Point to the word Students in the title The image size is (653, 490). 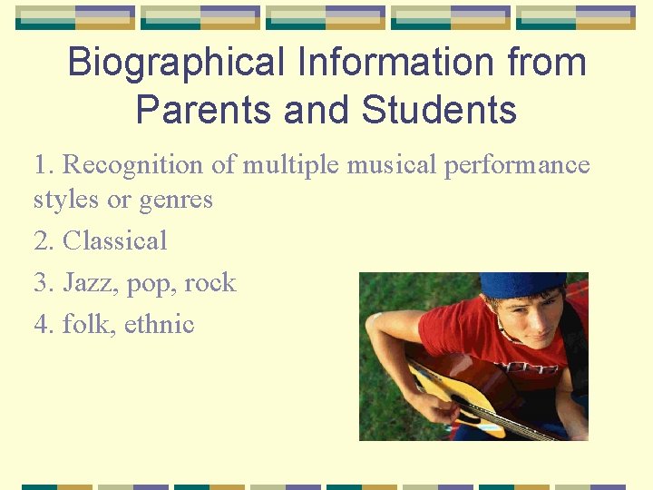439,110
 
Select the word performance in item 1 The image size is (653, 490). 517,165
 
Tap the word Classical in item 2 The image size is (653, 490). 115,240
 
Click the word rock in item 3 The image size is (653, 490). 210,283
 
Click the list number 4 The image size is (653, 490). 42,324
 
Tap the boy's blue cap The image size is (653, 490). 523,284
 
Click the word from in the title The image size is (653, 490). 547,63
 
